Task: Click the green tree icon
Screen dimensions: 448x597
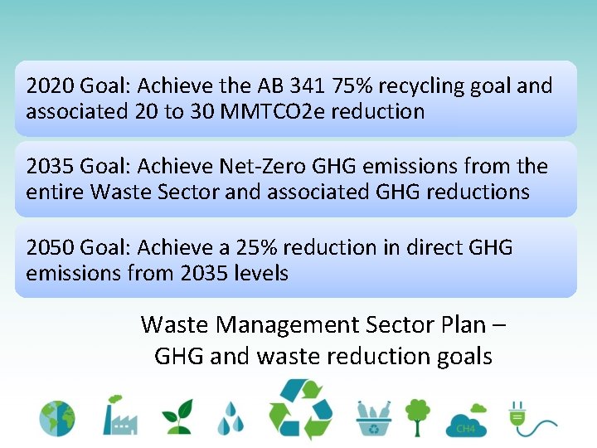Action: point(418,416)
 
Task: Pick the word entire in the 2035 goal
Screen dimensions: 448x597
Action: point(55,192)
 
